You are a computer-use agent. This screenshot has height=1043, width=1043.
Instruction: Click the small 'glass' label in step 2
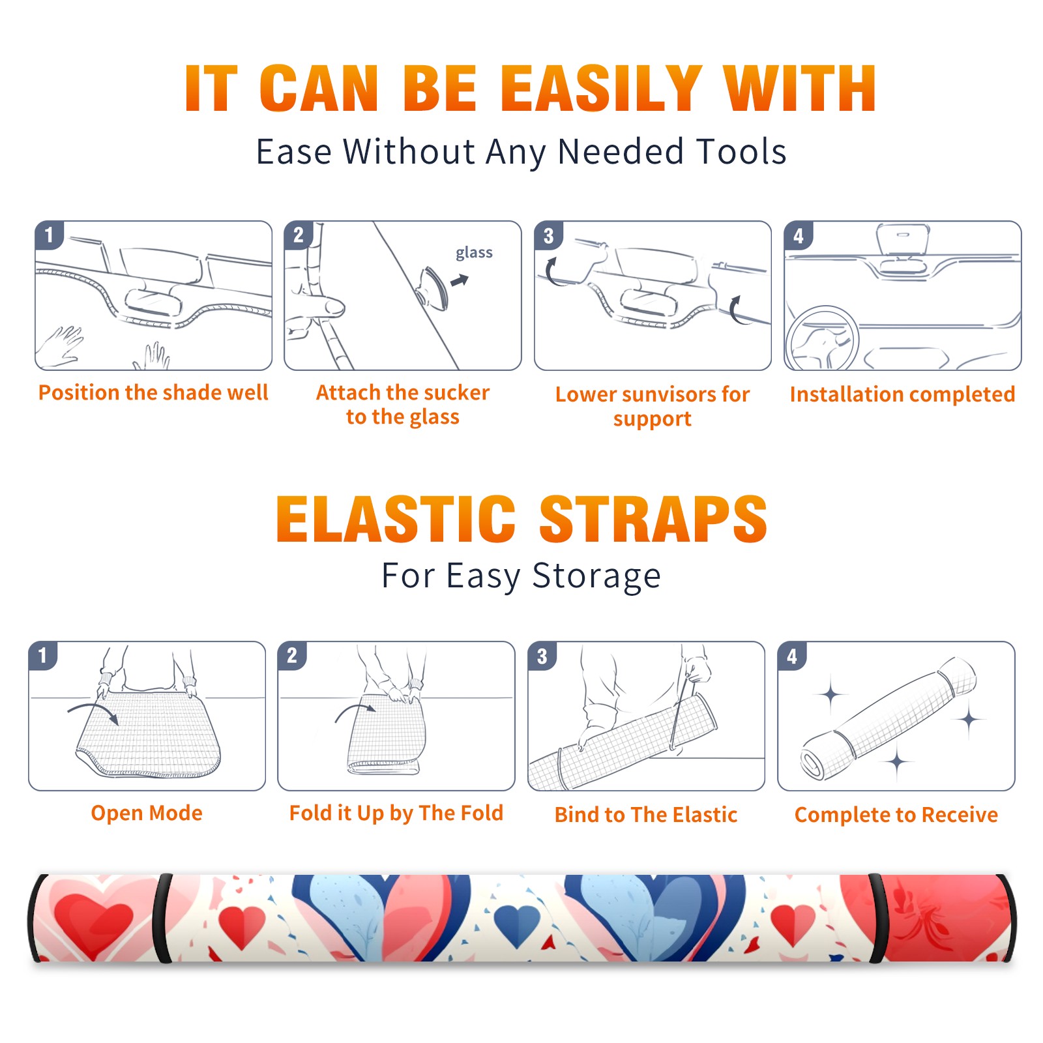click(474, 253)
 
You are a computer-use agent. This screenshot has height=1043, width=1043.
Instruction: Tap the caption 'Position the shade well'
click(153, 392)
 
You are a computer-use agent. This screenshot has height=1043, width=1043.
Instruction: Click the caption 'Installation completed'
click(902, 394)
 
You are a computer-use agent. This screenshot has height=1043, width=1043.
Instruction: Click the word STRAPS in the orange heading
click(653, 519)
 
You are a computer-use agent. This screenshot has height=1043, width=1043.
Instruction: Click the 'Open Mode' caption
click(147, 813)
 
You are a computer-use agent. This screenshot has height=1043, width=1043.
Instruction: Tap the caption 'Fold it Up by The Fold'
click(396, 814)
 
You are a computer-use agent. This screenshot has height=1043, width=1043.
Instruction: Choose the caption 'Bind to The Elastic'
click(646, 815)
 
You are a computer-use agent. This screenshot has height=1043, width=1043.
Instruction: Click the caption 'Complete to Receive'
click(896, 815)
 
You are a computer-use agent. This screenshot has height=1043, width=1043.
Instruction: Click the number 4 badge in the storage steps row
click(792, 656)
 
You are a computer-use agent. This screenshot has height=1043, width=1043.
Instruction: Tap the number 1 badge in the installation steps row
click(50, 235)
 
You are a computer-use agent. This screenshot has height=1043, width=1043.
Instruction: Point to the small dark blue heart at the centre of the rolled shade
click(517, 924)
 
